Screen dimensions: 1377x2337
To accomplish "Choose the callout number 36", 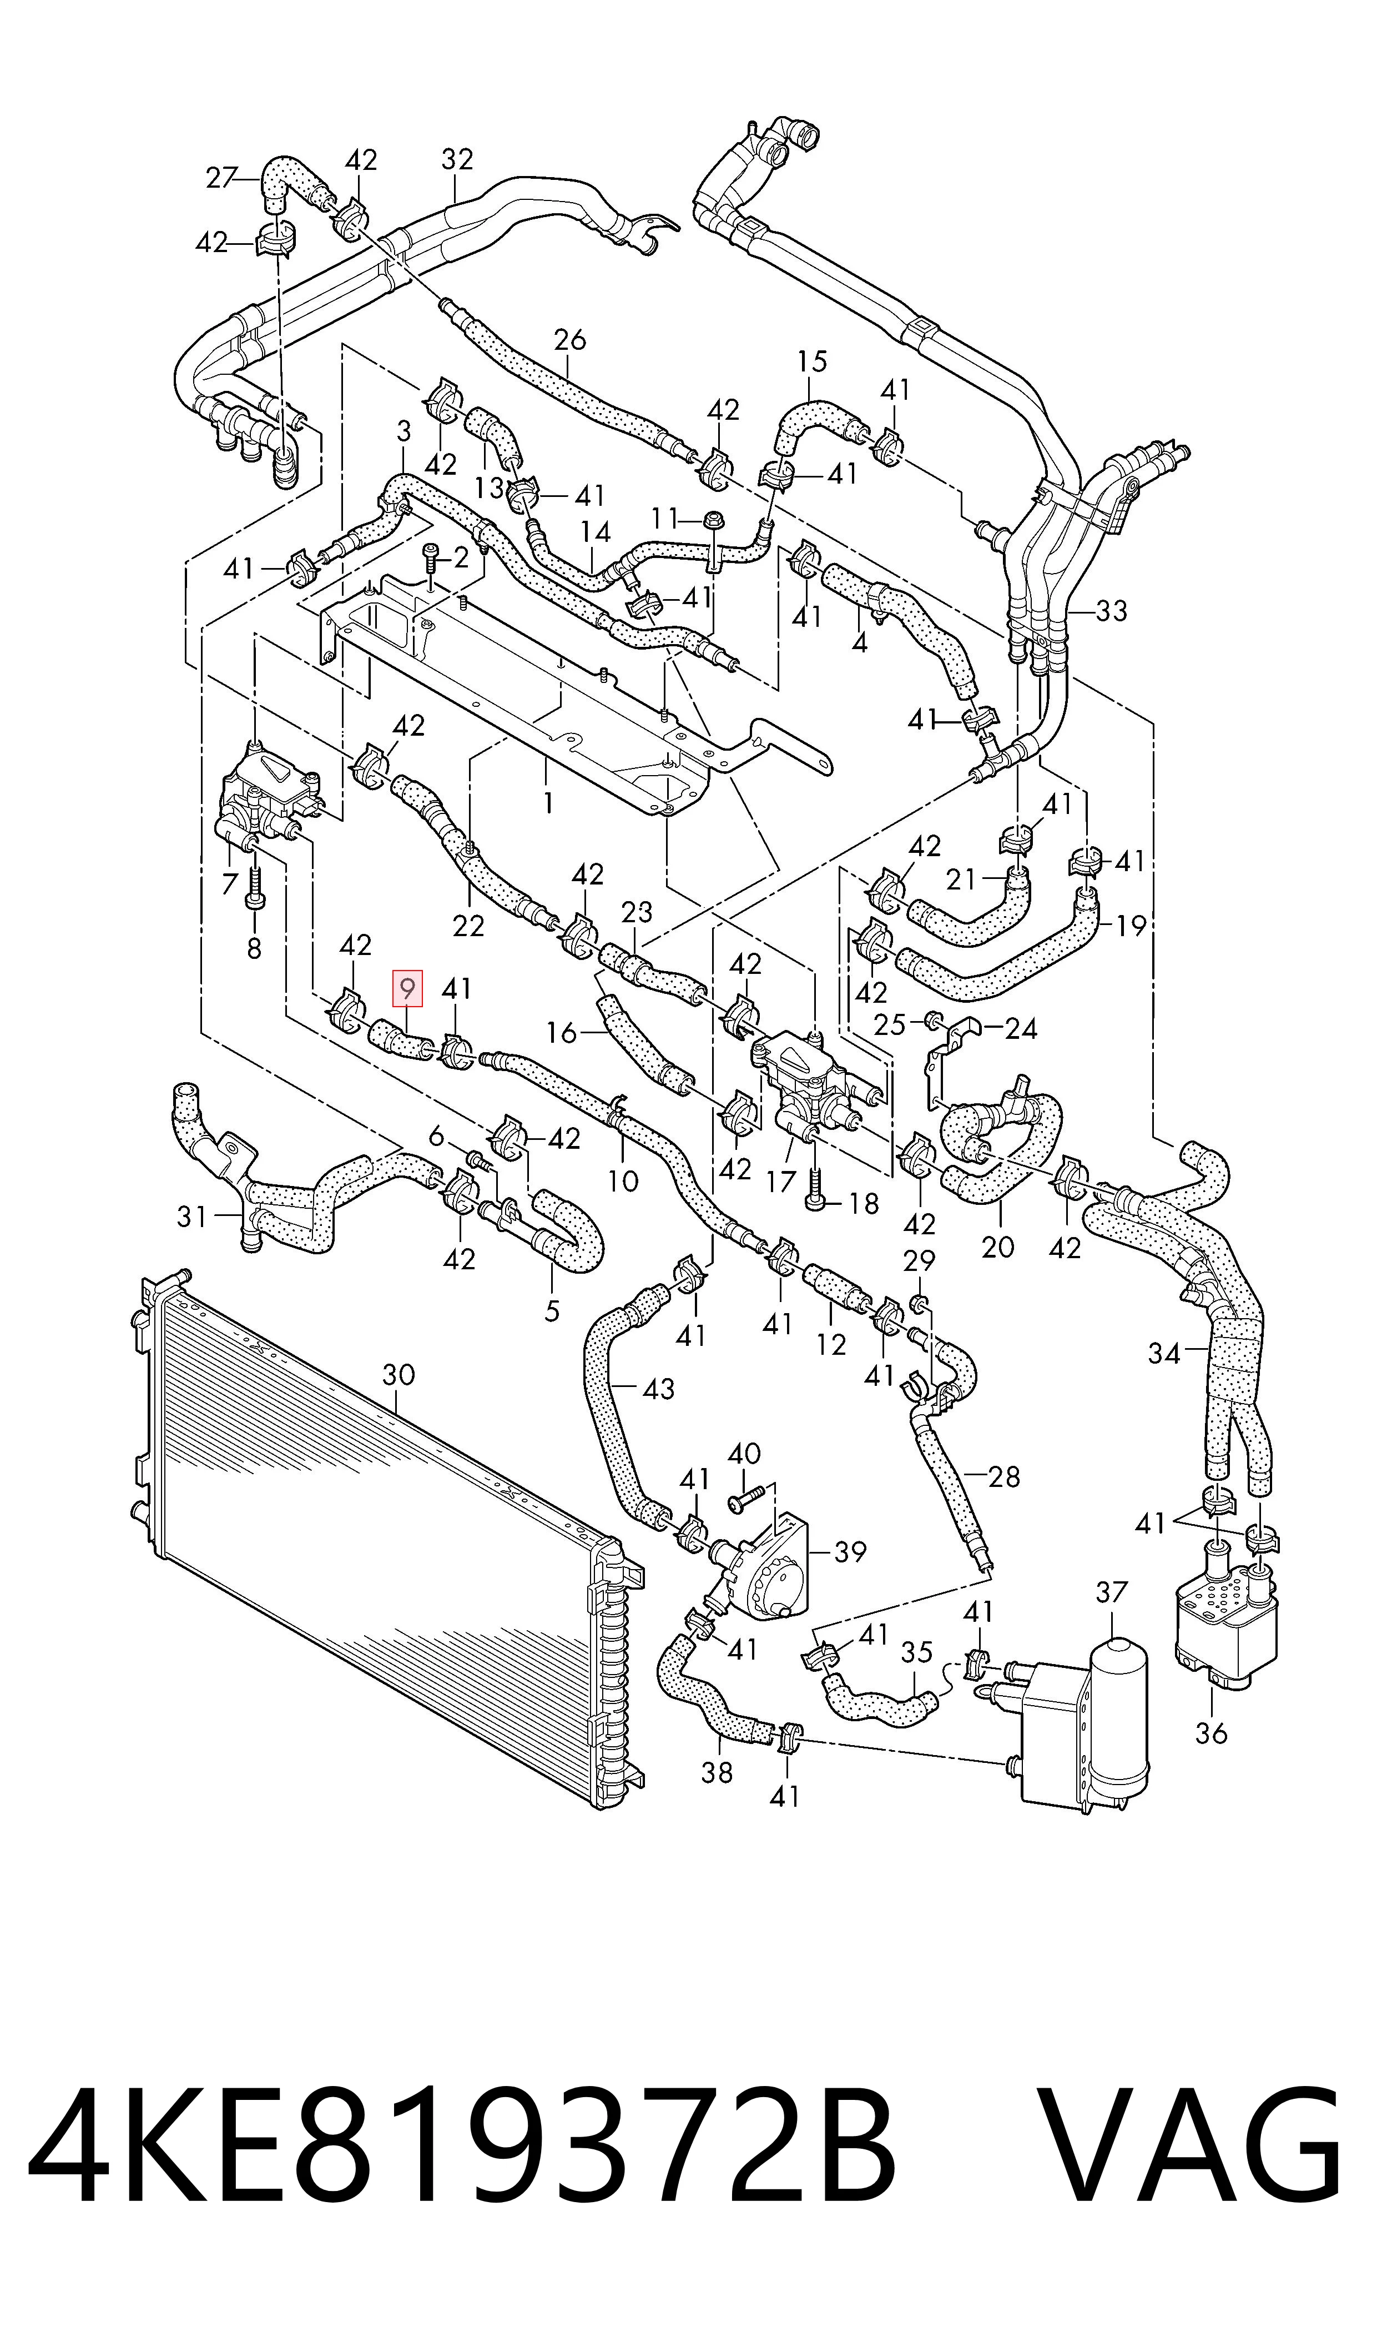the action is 1212,1733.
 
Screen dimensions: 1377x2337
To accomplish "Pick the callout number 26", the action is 570,340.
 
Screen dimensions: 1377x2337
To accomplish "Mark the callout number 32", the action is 457,160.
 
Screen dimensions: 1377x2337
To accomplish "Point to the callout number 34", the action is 1163,1353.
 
